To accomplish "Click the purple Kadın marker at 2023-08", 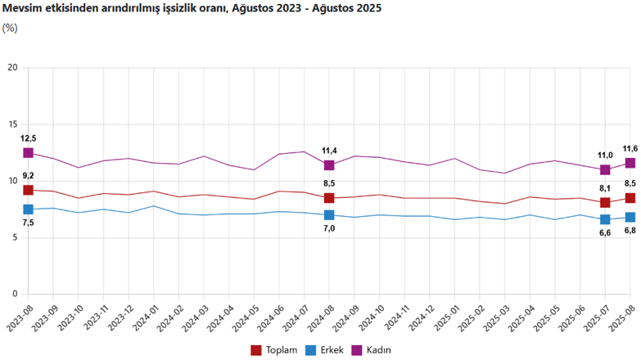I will coord(28,153).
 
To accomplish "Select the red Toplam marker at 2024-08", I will coord(329,198).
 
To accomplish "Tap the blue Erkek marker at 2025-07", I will coord(605,219).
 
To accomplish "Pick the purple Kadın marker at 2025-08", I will coord(630,163).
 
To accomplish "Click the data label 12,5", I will coord(28,138).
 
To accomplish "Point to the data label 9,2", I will coord(28,176).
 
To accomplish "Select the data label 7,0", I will coord(329,229).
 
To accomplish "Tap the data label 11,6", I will coord(630,148).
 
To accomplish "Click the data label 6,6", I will coord(605,233).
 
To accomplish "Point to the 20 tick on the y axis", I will coord(12,68).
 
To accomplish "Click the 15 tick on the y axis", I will coord(12,124).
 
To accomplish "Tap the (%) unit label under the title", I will coord(10,27).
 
